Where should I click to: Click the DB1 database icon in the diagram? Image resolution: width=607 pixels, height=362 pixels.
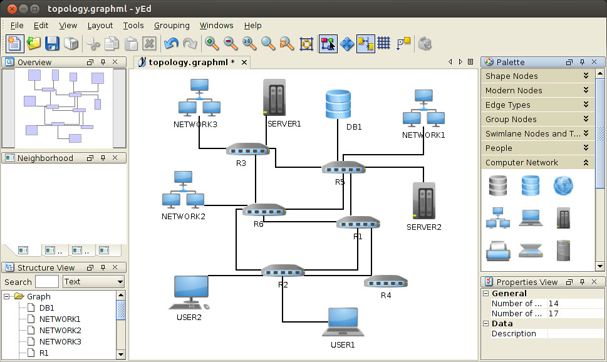tap(338, 105)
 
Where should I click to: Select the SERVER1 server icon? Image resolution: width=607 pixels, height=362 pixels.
tap(274, 97)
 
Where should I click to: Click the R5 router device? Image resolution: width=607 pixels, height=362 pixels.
tap(343, 168)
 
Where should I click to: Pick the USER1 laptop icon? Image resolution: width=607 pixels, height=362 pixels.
tap(343, 322)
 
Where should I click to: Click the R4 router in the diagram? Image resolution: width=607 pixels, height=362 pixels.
tap(386, 282)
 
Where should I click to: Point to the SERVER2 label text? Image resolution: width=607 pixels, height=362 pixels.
tap(423, 227)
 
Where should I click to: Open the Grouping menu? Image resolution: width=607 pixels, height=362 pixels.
tap(172, 26)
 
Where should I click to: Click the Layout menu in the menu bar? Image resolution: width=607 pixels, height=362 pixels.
tap(100, 26)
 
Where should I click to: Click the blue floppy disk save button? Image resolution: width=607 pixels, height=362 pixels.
tap(52, 43)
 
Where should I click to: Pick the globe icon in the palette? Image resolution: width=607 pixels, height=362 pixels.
tap(563, 185)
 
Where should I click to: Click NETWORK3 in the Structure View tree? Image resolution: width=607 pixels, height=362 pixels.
tap(60, 341)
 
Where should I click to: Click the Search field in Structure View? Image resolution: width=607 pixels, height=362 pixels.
tap(47, 282)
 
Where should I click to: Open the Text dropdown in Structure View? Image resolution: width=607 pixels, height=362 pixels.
tap(93, 282)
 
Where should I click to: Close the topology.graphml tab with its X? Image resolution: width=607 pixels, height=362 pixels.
tap(244, 62)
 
